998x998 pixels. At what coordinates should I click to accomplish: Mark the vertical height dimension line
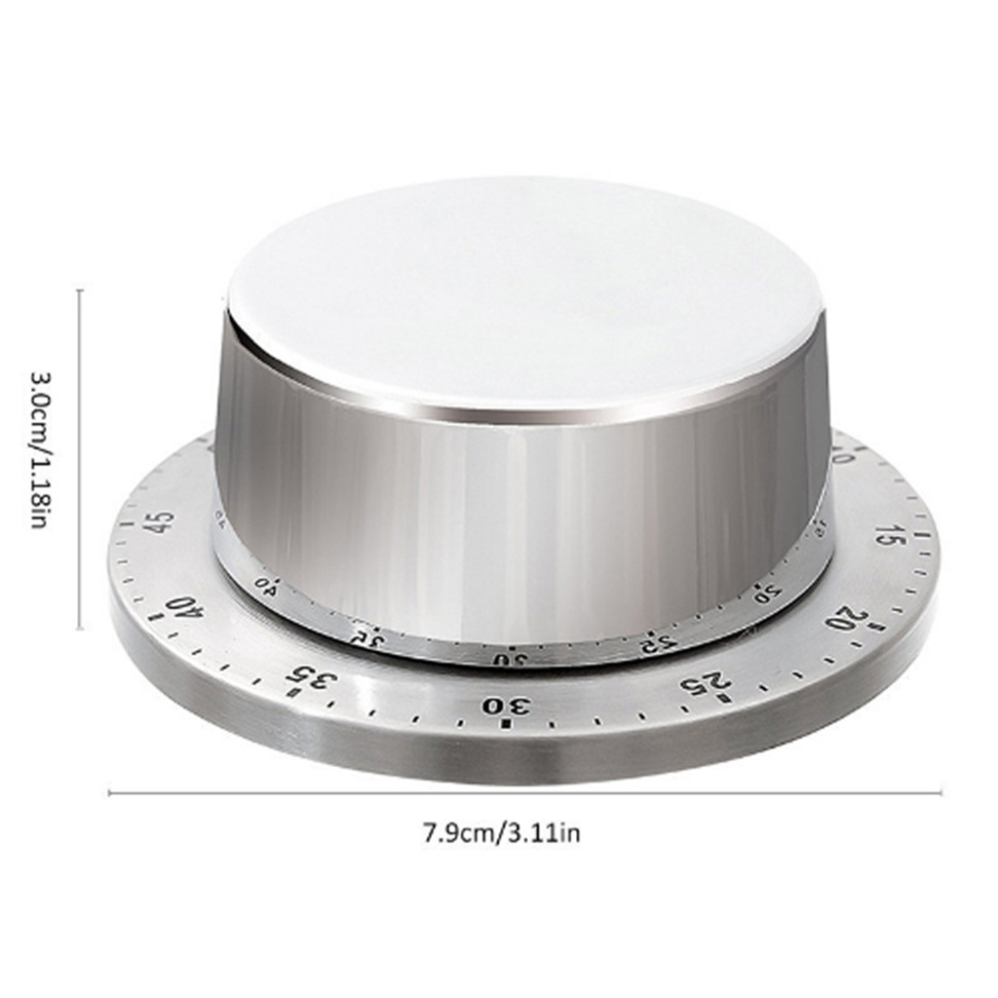coord(79,458)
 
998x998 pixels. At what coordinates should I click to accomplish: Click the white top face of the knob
coord(526,292)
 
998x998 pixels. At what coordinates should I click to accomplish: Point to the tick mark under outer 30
coord(506,725)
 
